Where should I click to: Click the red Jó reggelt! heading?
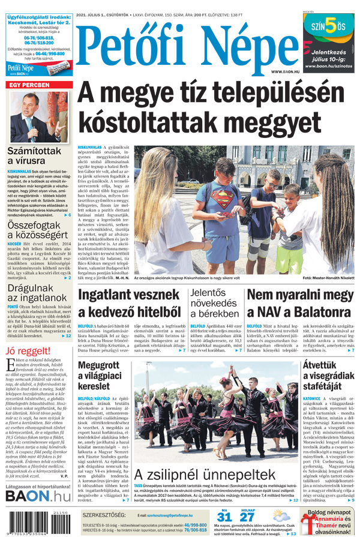pos(28,351)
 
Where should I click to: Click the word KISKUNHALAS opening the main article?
pos(90,147)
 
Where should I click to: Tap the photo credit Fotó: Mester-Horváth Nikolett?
pos(328,278)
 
